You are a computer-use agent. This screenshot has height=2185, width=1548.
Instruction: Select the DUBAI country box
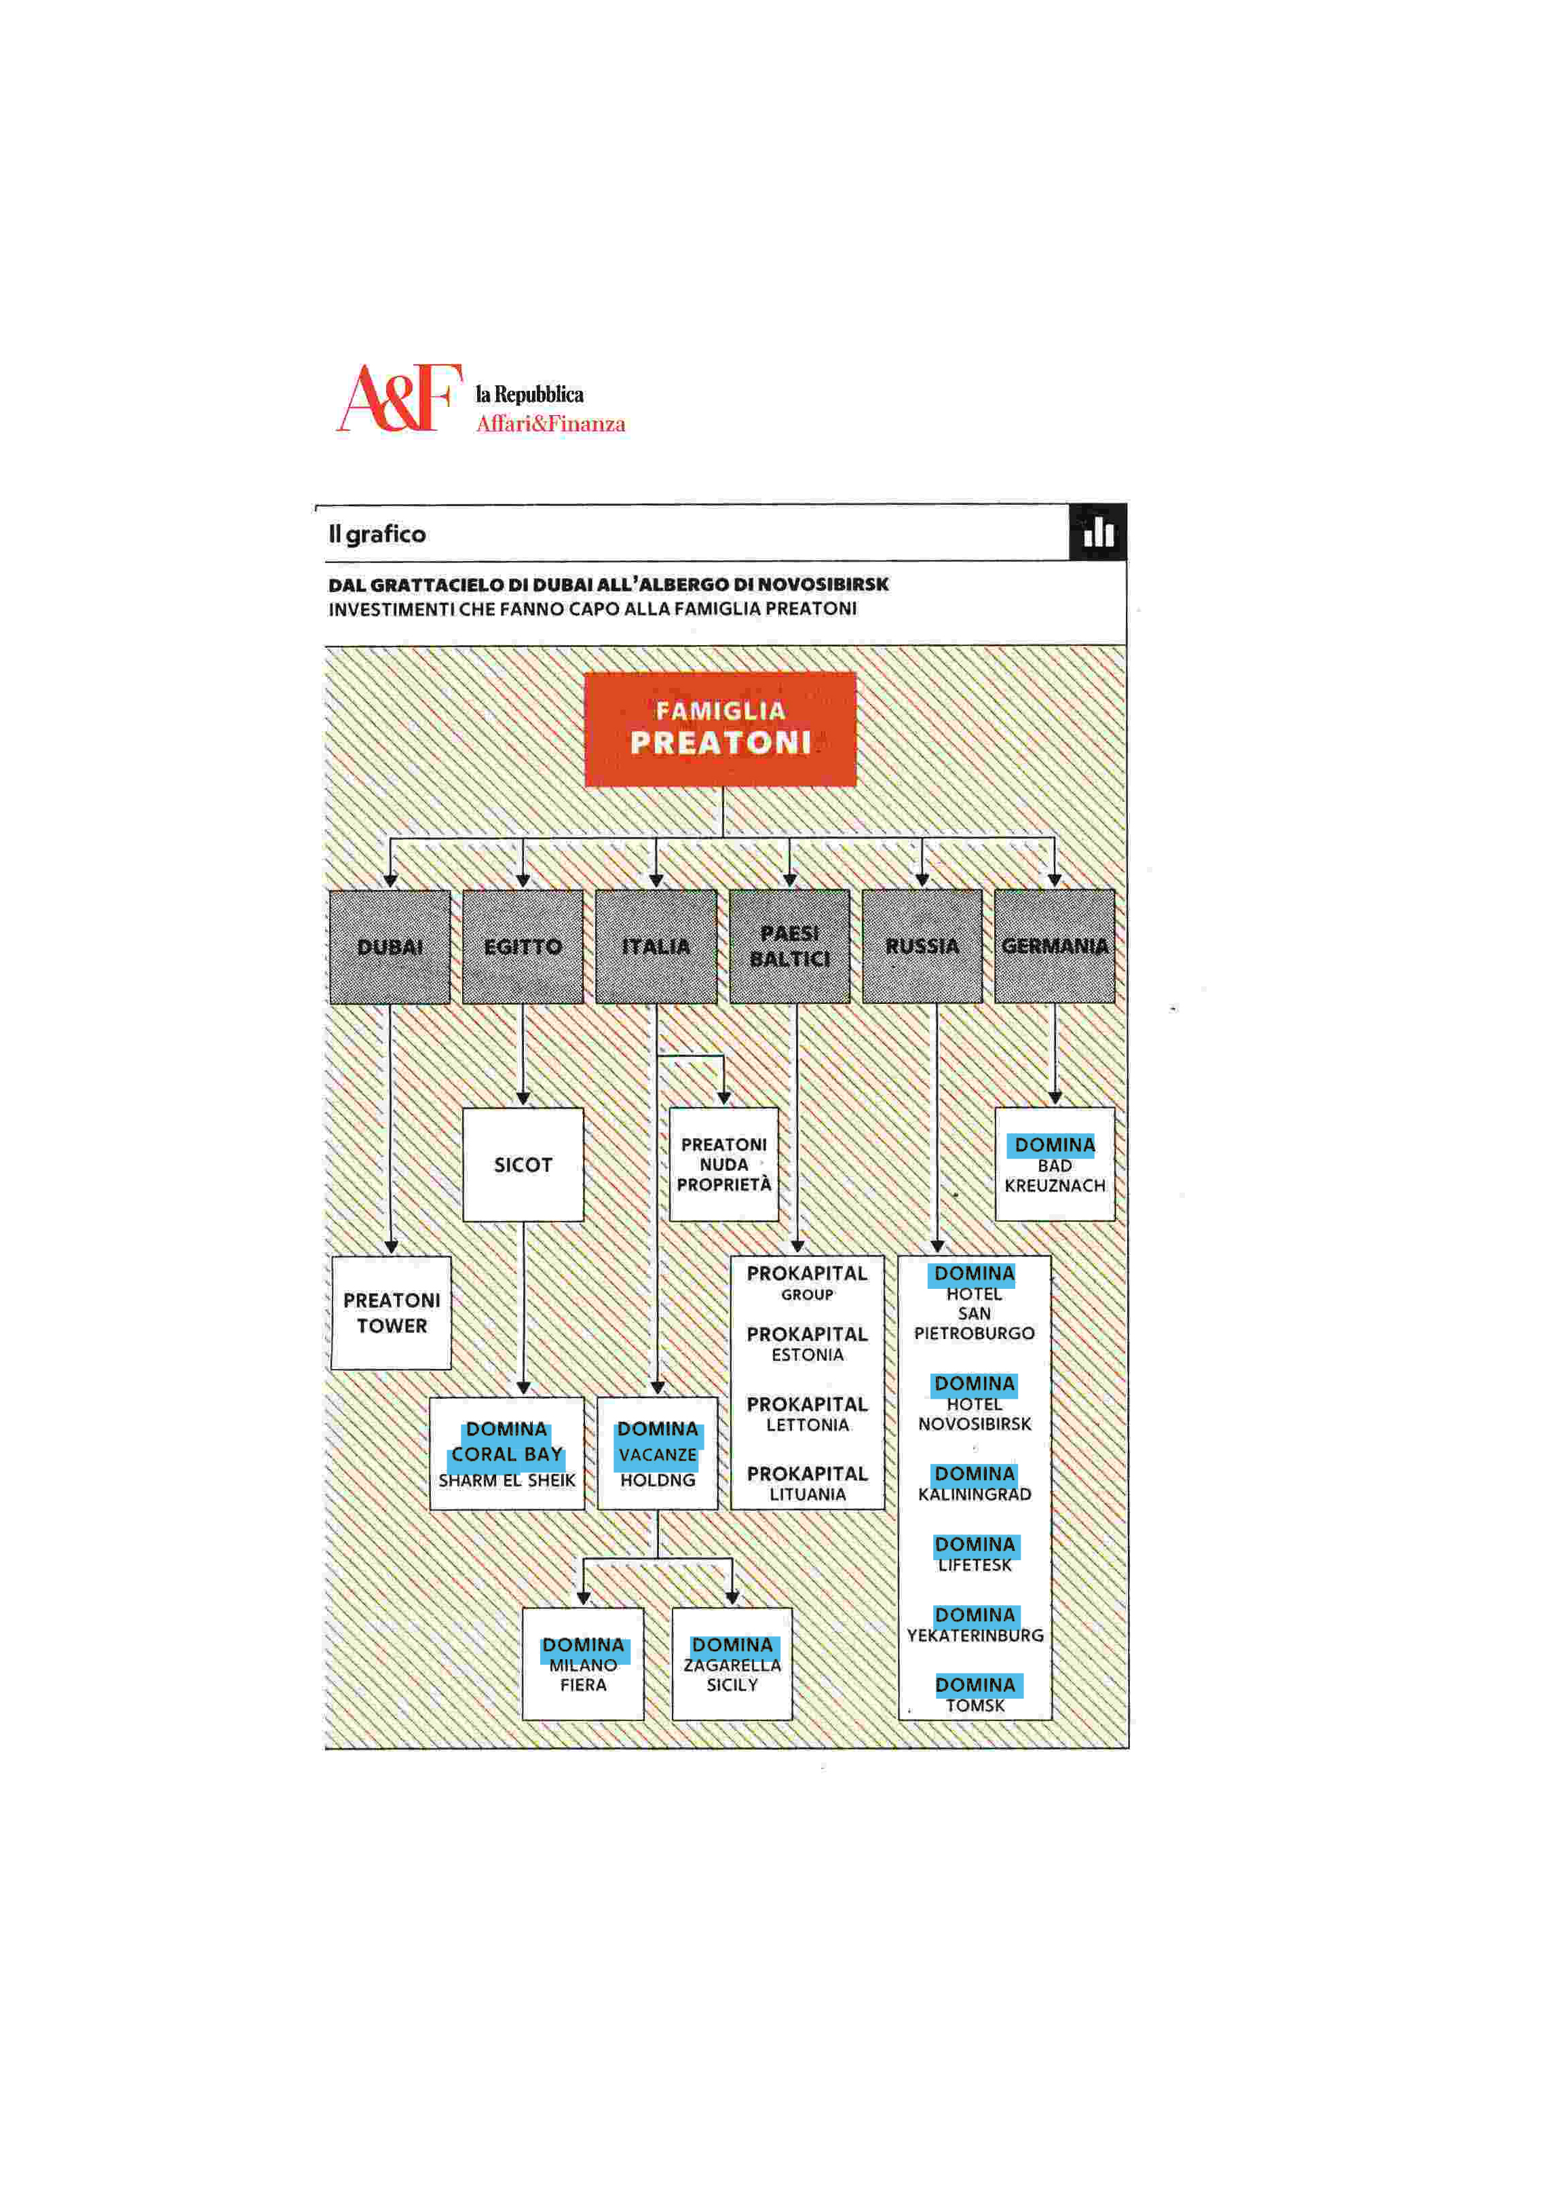click(390, 946)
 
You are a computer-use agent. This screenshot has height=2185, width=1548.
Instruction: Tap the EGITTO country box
click(523, 946)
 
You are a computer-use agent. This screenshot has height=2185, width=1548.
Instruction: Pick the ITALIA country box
click(656, 946)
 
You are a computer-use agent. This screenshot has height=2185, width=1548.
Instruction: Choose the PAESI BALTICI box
click(789, 946)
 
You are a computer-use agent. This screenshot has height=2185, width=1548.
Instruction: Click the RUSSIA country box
click(922, 946)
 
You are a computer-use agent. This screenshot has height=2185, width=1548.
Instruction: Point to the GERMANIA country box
click(1054, 946)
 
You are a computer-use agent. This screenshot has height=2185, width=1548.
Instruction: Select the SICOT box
click(523, 1165)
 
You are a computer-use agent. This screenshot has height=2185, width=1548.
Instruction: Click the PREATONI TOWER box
click(391, 1313)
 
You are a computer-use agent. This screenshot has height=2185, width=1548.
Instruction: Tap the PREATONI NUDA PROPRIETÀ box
click(723, 1165)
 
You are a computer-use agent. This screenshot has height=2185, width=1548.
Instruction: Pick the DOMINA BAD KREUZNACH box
click(1054, 1165)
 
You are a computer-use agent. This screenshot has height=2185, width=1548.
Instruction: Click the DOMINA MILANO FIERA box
click(582, 1665)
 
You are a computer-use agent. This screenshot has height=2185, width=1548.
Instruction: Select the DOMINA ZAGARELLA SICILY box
click(732, 1665)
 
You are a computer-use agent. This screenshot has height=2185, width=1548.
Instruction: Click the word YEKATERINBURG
click(974, 1635)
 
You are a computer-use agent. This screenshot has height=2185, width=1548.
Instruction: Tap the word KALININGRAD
click(974, 1494)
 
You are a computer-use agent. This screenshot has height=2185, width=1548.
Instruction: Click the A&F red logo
click(398, 398)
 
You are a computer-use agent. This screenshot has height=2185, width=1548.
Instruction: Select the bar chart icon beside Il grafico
click(1098, 532)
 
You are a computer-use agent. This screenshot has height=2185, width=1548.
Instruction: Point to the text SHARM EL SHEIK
click(506, 1480)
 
